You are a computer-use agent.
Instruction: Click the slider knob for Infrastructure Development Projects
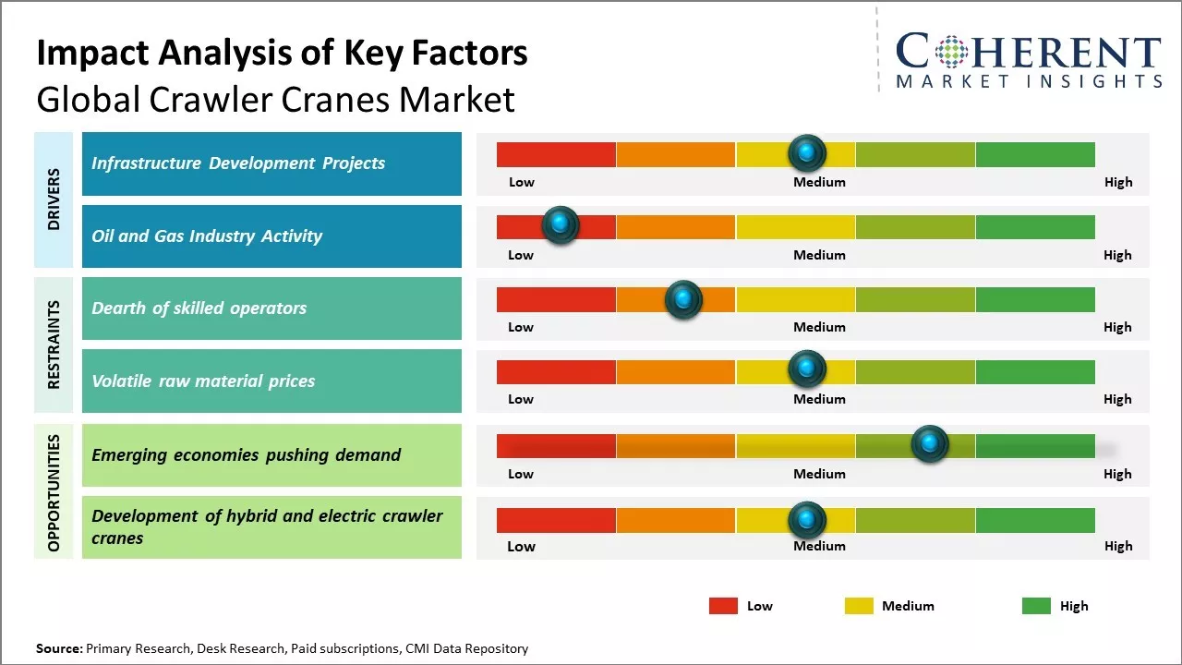pos(807,152)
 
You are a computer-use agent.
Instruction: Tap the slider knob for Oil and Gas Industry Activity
pos(560,224)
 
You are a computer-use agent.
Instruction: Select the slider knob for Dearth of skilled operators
pos(683,298)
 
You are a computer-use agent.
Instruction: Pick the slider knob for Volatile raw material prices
pos(807,369)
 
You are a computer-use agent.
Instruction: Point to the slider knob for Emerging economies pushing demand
pos(930,444)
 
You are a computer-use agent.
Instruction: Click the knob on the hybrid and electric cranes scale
pos(807,520)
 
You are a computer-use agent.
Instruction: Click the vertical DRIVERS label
pos(54,199)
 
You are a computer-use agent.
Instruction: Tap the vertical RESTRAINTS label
pos(54,345)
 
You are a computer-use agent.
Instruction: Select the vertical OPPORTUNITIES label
pos(54,491)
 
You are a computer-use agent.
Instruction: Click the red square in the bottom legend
pos(723,606)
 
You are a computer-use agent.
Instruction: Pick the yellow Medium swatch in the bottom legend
pos(859,606)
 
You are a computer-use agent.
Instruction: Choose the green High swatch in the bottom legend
pos(1036,606)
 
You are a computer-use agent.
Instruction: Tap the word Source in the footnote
pos(58,648)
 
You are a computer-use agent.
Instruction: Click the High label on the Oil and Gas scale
pos(1117,255)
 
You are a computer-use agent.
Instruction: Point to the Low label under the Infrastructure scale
pos(522,182)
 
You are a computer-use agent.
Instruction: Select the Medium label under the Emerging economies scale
pos(819,474)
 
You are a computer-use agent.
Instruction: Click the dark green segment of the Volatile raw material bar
pos(1034,371)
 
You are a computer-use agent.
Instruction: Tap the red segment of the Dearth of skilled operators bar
pos(556,299)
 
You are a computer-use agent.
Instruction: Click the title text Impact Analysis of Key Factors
pos(282,54)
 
